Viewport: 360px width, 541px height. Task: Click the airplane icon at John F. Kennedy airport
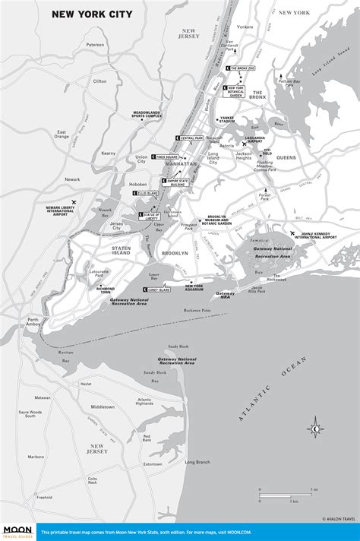[292, 233]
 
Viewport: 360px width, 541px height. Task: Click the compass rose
[314, 429]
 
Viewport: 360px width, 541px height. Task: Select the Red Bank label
[146, 438]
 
